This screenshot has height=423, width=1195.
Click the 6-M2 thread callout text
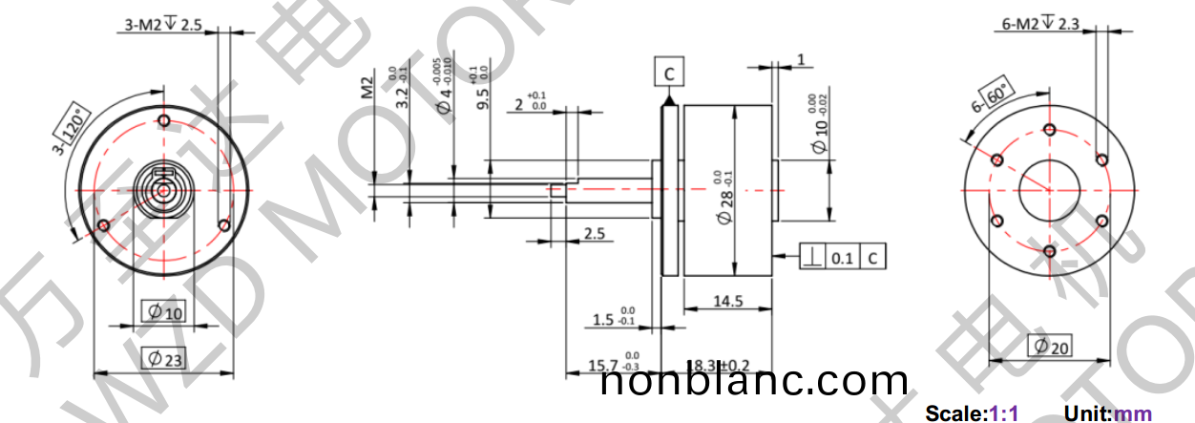(x=1040, y=25)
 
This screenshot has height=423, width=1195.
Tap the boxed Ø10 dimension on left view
(x=163, y=311)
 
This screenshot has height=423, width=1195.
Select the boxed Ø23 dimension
(x=164, y=359)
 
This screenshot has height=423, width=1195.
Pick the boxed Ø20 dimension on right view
(x=1049, y=347)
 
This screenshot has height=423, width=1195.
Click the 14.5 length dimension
(x=726, y=302)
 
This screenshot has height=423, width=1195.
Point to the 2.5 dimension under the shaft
(x=593, y=233)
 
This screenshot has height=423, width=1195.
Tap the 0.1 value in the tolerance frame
(x=842, y=257)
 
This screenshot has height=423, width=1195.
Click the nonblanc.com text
(x=754, y=383)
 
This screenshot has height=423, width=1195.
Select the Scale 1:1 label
(x=972, y=413)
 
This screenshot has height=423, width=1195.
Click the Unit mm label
(x=1108, y=413)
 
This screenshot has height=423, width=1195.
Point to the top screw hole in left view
(x=164, y=120)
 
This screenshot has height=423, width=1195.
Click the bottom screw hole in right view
(x=1049, y=251)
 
